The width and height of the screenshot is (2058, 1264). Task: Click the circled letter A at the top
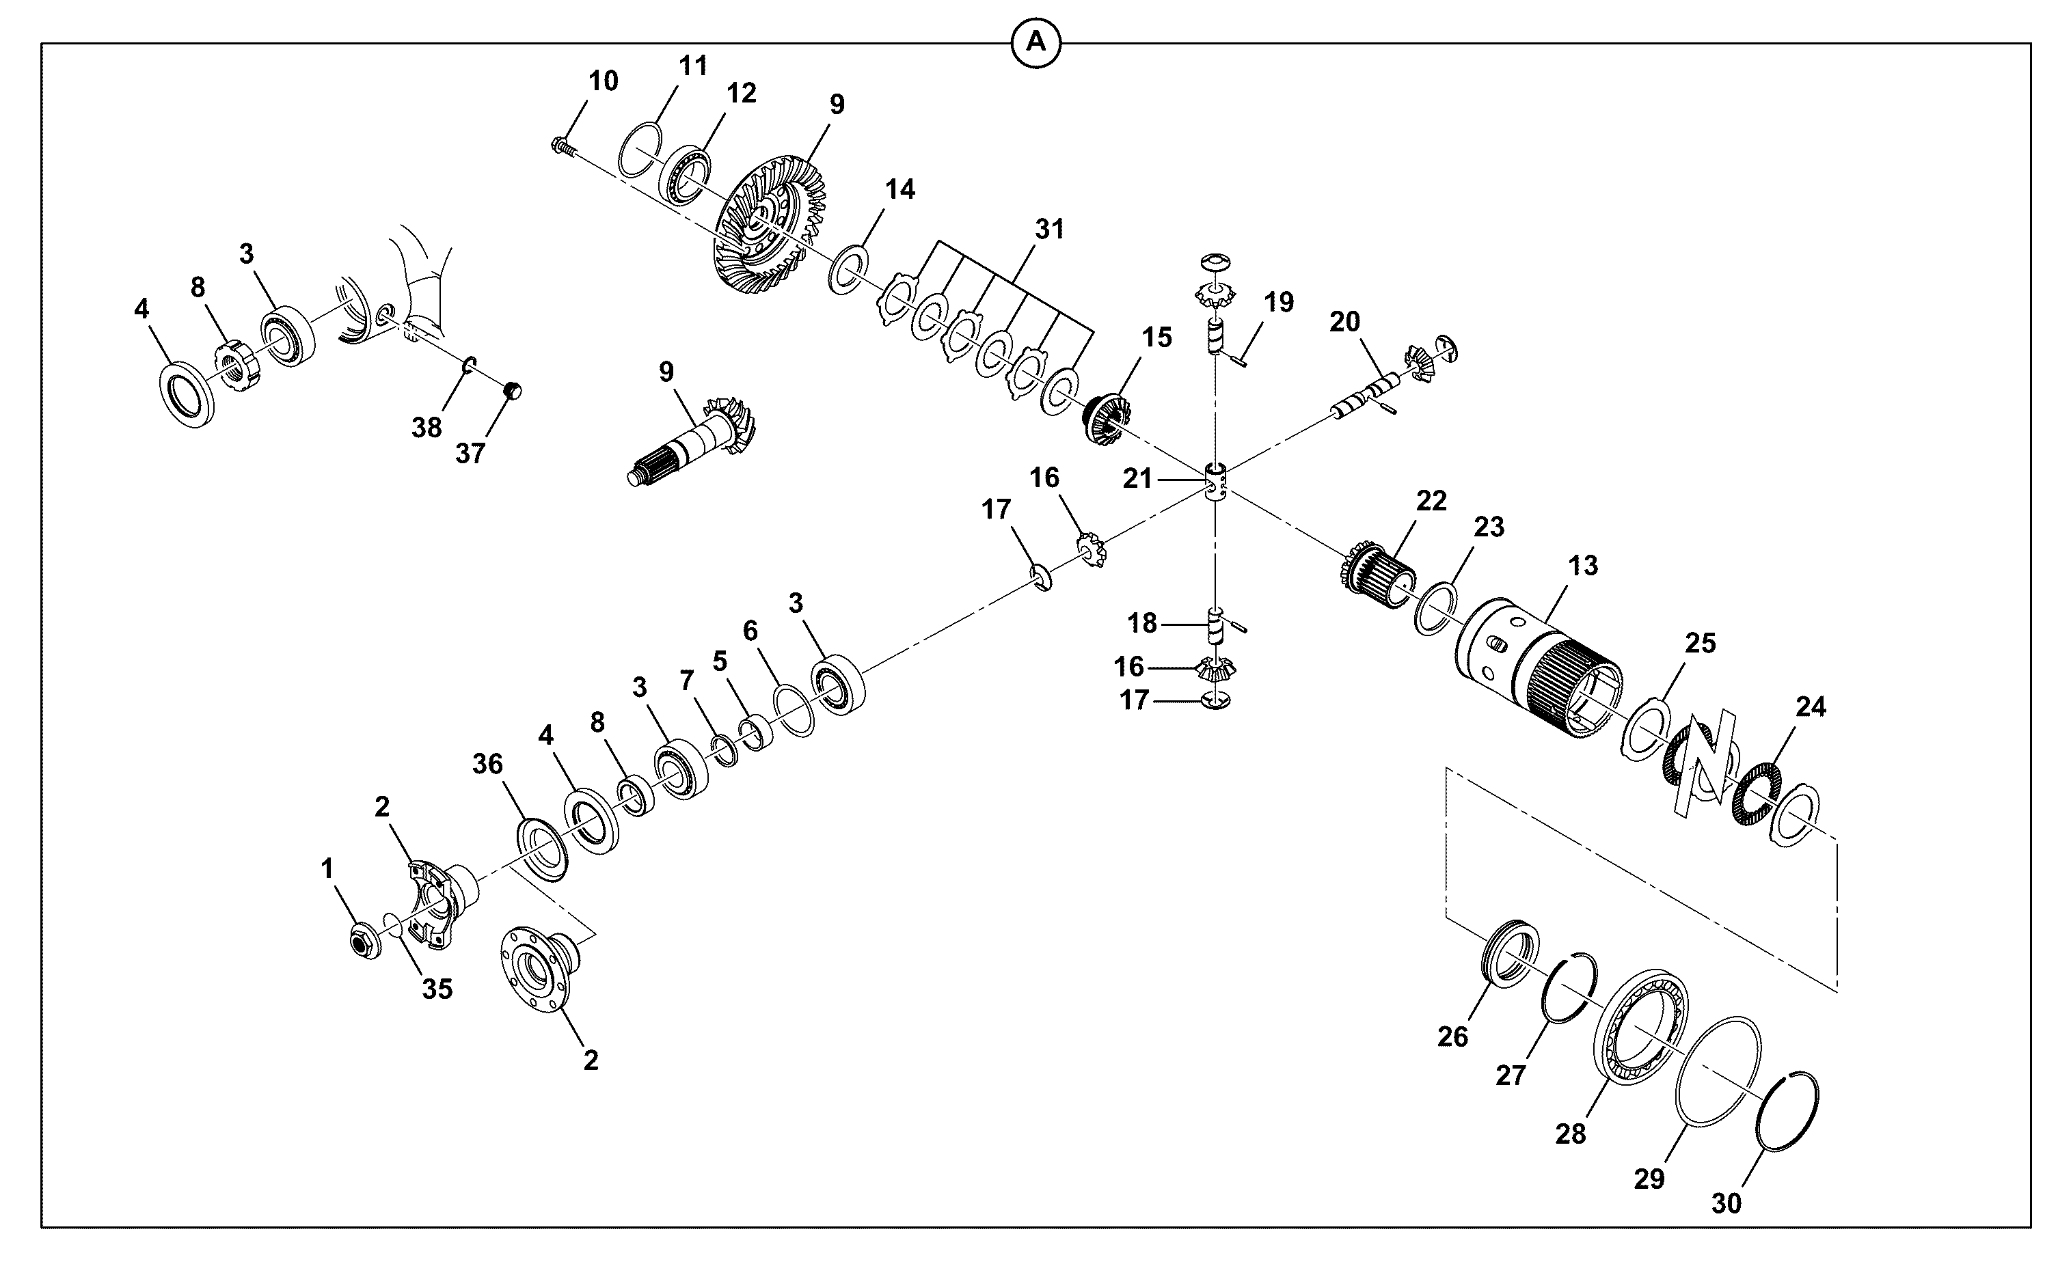(1036, 42)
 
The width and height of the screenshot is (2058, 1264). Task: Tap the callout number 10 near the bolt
(603, 81)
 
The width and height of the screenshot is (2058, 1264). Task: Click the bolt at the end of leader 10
(565, 149)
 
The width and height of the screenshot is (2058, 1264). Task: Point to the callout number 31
(1049, 229)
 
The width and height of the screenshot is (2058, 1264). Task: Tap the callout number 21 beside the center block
(1137, 479)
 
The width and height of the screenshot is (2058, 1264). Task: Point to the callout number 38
(427, 428)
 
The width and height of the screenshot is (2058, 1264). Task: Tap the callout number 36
(489, 764)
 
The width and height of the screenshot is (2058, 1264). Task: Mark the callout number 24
(1811, 707)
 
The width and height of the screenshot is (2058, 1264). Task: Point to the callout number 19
(1279, 302)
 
